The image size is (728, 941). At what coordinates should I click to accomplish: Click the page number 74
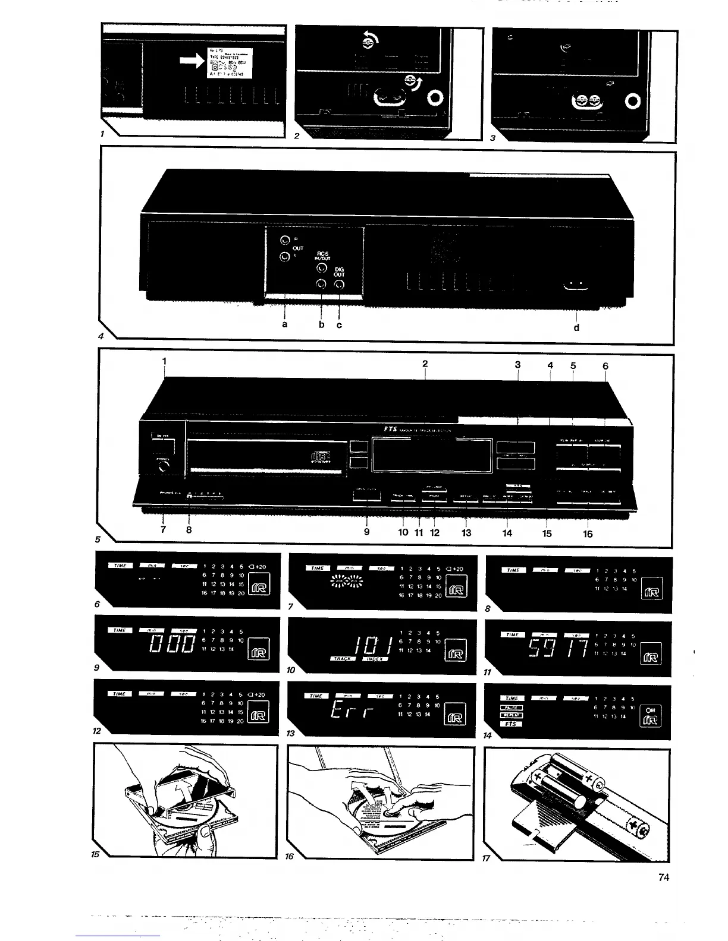click(664, 877)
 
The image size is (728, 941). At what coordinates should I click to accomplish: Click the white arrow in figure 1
click(191, 59)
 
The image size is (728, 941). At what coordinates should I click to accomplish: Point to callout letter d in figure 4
click(576, 327)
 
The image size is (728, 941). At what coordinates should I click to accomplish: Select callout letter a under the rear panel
click(284, 324)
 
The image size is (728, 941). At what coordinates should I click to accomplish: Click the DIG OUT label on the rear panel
click(339, 271)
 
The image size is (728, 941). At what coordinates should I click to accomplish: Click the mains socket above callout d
click(575, 288)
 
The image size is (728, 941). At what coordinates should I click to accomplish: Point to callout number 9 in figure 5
click(366, 532)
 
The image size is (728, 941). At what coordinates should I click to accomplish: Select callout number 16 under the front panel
click(588, 533)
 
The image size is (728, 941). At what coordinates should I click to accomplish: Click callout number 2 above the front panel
click(425, 363)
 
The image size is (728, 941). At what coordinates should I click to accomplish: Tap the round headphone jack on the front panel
click(162, 468)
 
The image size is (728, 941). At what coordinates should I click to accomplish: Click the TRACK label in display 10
click(343, 659)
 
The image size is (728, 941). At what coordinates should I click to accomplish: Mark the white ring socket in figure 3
click(633, 102)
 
